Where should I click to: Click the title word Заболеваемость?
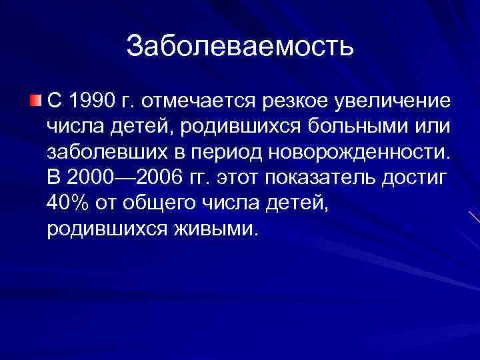(x=239, y=46)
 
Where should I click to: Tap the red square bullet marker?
(x=35, y=101)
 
